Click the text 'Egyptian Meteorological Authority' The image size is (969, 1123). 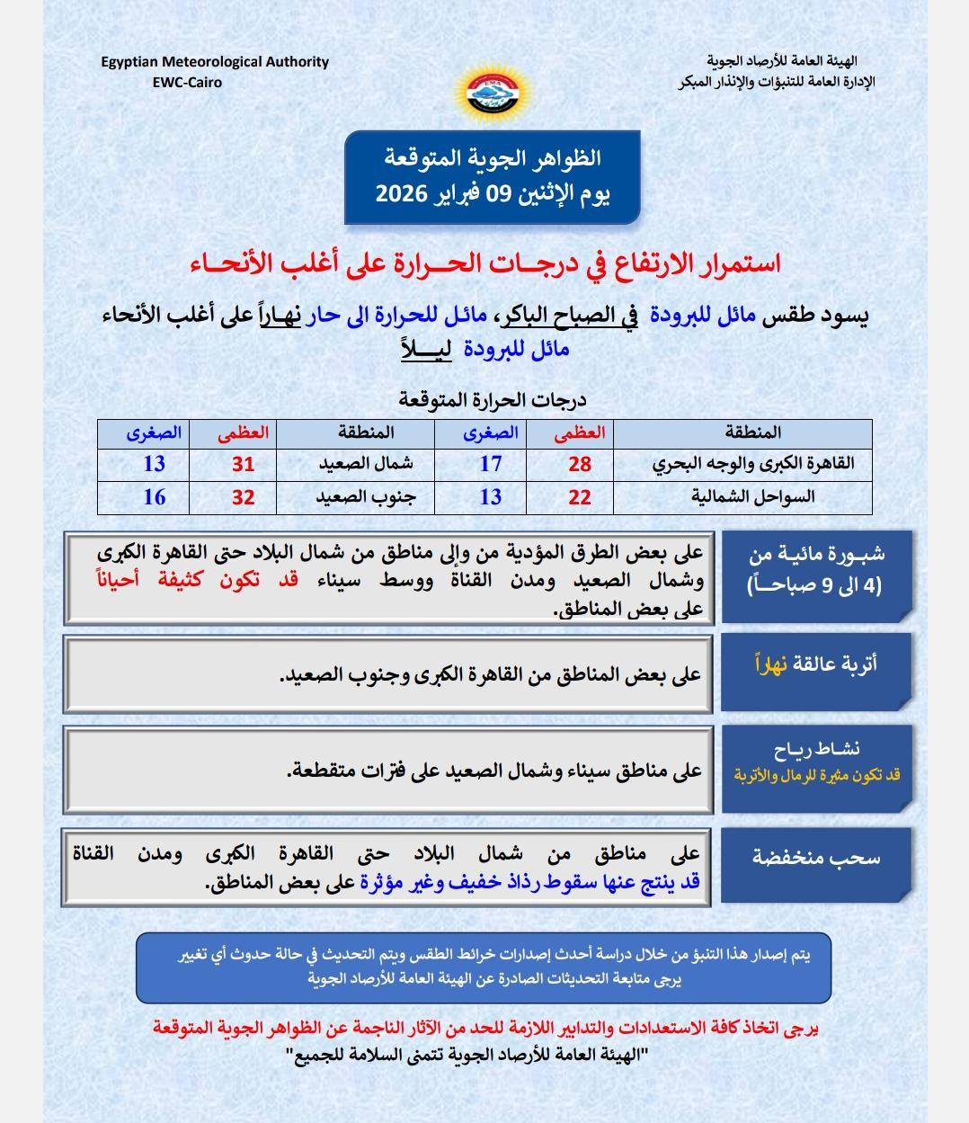pos(215,62)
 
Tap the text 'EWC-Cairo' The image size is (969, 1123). pos(188,82)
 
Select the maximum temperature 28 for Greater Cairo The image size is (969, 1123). pos(580,464)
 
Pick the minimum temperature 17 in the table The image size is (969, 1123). pos(490,464)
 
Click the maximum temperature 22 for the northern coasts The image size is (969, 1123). pos(580,496)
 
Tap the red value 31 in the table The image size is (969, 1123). pos(244,464)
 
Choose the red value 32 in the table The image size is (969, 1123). pos(244,496)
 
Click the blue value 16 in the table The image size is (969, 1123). pos(155,496)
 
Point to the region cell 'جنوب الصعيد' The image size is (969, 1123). pos(364,496)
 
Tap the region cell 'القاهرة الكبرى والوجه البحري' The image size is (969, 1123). pos(752,464)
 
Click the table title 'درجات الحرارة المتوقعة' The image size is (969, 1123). pos(493,400)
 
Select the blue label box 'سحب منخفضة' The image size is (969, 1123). pos(816,859)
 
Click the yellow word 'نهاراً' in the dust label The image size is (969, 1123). pos(770,665)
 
